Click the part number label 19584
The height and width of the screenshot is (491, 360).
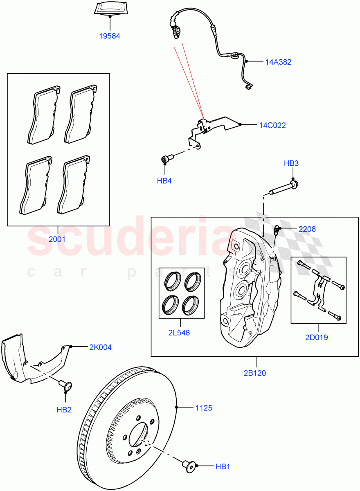click(x=109, y=36)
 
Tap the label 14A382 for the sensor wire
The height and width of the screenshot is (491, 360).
click(x=278, y=62)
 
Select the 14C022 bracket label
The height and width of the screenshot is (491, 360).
click(x=272, y=125)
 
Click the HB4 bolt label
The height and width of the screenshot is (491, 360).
click(x=164, y=180)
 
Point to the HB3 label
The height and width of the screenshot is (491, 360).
click(x=291, y=164)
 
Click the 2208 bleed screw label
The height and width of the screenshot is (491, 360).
click(x=307, y=229)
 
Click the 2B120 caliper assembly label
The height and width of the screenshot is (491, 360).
click(x=256, y=373)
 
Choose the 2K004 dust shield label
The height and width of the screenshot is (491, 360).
click(x=100, y=347)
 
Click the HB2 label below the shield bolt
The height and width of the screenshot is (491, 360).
click(x=65, y=409)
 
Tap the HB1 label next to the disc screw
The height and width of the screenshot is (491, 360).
click(x=223, y=466)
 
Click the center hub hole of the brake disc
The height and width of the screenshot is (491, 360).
click(x=139, y=435)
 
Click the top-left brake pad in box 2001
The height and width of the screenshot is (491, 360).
click(x=44, y=116)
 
